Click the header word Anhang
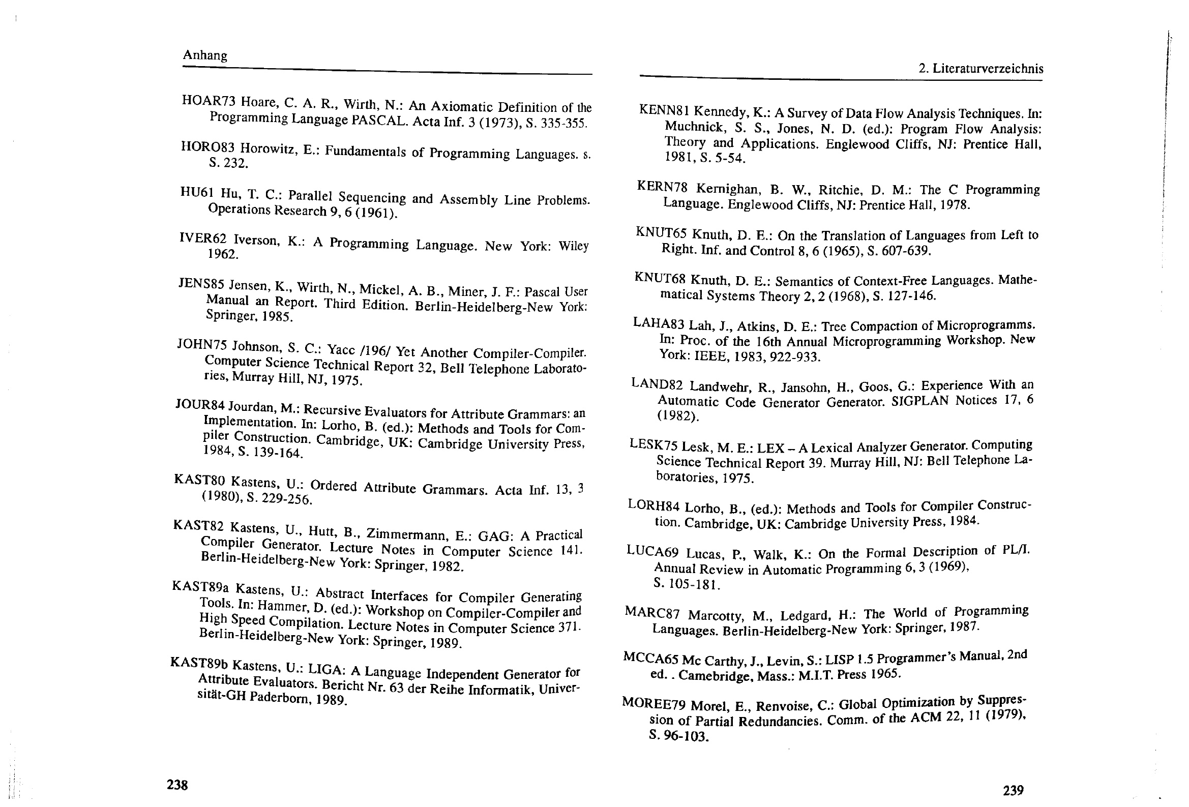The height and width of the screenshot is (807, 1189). point(204,55)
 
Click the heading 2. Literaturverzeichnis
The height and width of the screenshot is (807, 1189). point(980,69)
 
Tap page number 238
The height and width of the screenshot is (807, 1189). point(177,785)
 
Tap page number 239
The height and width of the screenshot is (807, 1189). point(1013,790)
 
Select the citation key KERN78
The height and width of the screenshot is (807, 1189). point(662,186)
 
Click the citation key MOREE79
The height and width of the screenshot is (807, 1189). point(653,703)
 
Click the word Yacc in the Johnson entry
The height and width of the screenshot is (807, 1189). point(341,349)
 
